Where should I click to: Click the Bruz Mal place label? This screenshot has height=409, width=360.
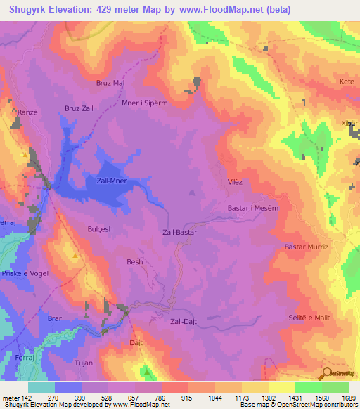point(110,82)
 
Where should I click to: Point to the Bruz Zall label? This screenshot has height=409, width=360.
point(79,108)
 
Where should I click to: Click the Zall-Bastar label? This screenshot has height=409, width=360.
point(179,231)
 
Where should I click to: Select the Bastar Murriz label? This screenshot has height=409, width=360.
point(306,247)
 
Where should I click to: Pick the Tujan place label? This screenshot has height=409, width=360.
point(84,363)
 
